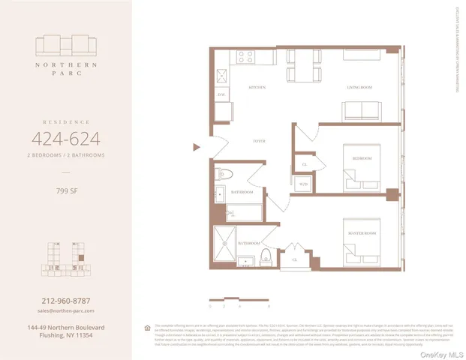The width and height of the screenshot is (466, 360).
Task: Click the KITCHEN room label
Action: [257, 88]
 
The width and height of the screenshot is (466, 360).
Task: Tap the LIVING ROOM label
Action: [360, 88]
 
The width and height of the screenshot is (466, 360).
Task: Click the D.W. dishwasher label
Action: [221, 94]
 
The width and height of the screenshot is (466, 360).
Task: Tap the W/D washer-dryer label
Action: [304, 184]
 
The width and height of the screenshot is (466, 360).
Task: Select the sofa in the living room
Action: [363, 111]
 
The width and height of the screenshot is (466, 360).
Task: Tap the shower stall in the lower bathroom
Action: [224, 242]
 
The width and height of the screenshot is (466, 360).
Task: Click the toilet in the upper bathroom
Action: [224, 175]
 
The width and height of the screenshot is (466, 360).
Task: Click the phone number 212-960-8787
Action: [66, 300]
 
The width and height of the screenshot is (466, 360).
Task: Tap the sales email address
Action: [66, 310]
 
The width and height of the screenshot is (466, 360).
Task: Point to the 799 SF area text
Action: [66, 189]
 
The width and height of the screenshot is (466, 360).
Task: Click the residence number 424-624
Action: [66, 138]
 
